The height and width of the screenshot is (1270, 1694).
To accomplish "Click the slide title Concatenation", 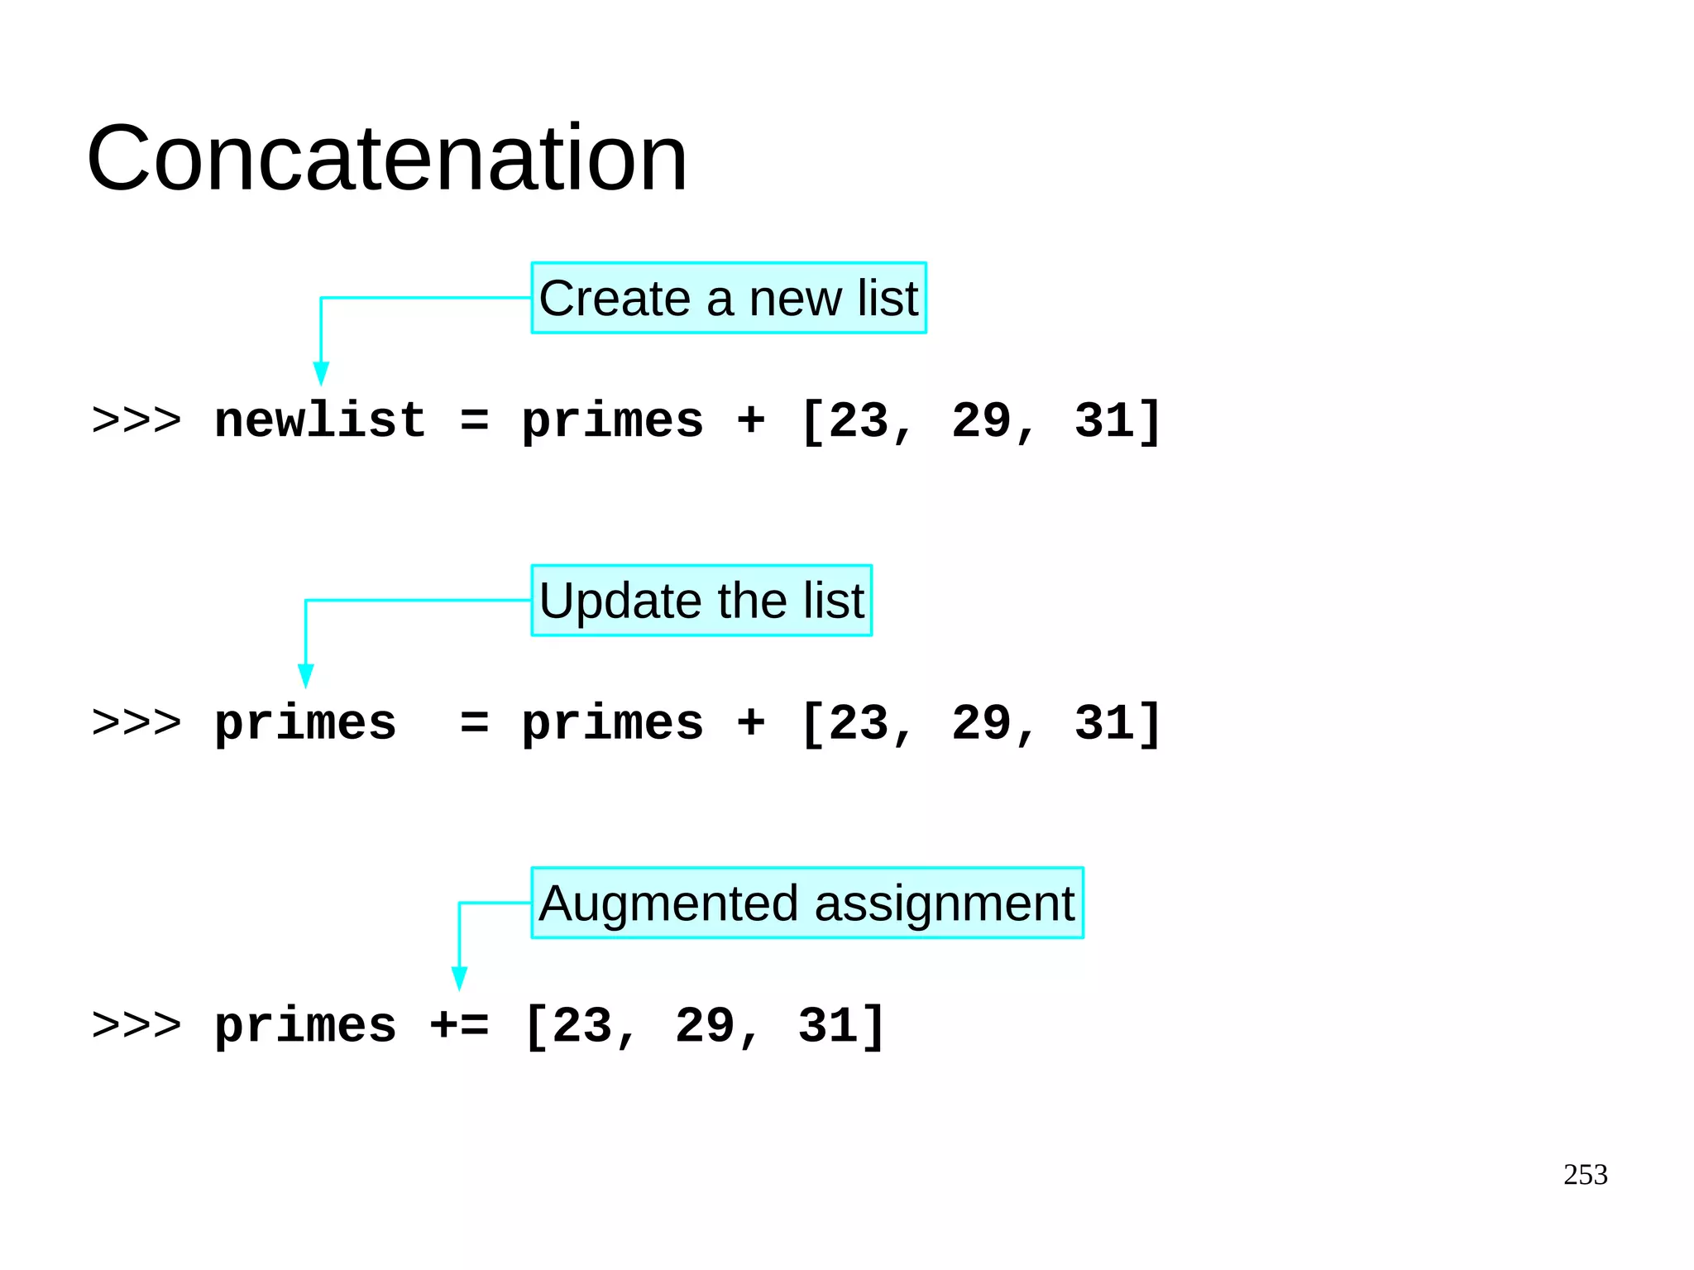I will click(x=386, y=158).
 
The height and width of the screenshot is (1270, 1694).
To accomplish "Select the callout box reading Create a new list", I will click(x=728, y=298).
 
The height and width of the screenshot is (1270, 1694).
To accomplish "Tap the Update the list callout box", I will click(x=701, y=601).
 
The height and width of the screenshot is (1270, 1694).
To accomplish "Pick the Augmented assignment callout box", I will click(x=806, y=903).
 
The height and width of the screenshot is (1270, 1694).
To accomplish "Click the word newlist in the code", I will click(x=320, y=420).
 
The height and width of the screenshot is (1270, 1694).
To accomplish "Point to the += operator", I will click(x=459, y=1026).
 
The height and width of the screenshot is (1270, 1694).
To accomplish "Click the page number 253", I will click(x=1585, y=1175).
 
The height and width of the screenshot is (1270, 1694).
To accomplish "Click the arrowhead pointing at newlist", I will click(x=321, y=373).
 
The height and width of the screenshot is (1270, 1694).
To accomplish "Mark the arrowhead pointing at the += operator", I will click(x=459, y=978).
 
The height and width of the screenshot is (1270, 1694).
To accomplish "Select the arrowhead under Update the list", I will click(x=306, y=675).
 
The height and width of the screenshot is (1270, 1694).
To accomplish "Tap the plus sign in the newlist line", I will click(x=750, y=420).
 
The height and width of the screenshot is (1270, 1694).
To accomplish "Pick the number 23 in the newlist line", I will click(x=859, y=420).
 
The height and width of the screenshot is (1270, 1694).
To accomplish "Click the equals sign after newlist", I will click(x=474, y=420).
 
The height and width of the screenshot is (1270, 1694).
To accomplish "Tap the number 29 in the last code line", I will click(x=706, y=1026).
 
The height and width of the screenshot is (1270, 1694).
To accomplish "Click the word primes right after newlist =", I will click(x=612, y=422).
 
